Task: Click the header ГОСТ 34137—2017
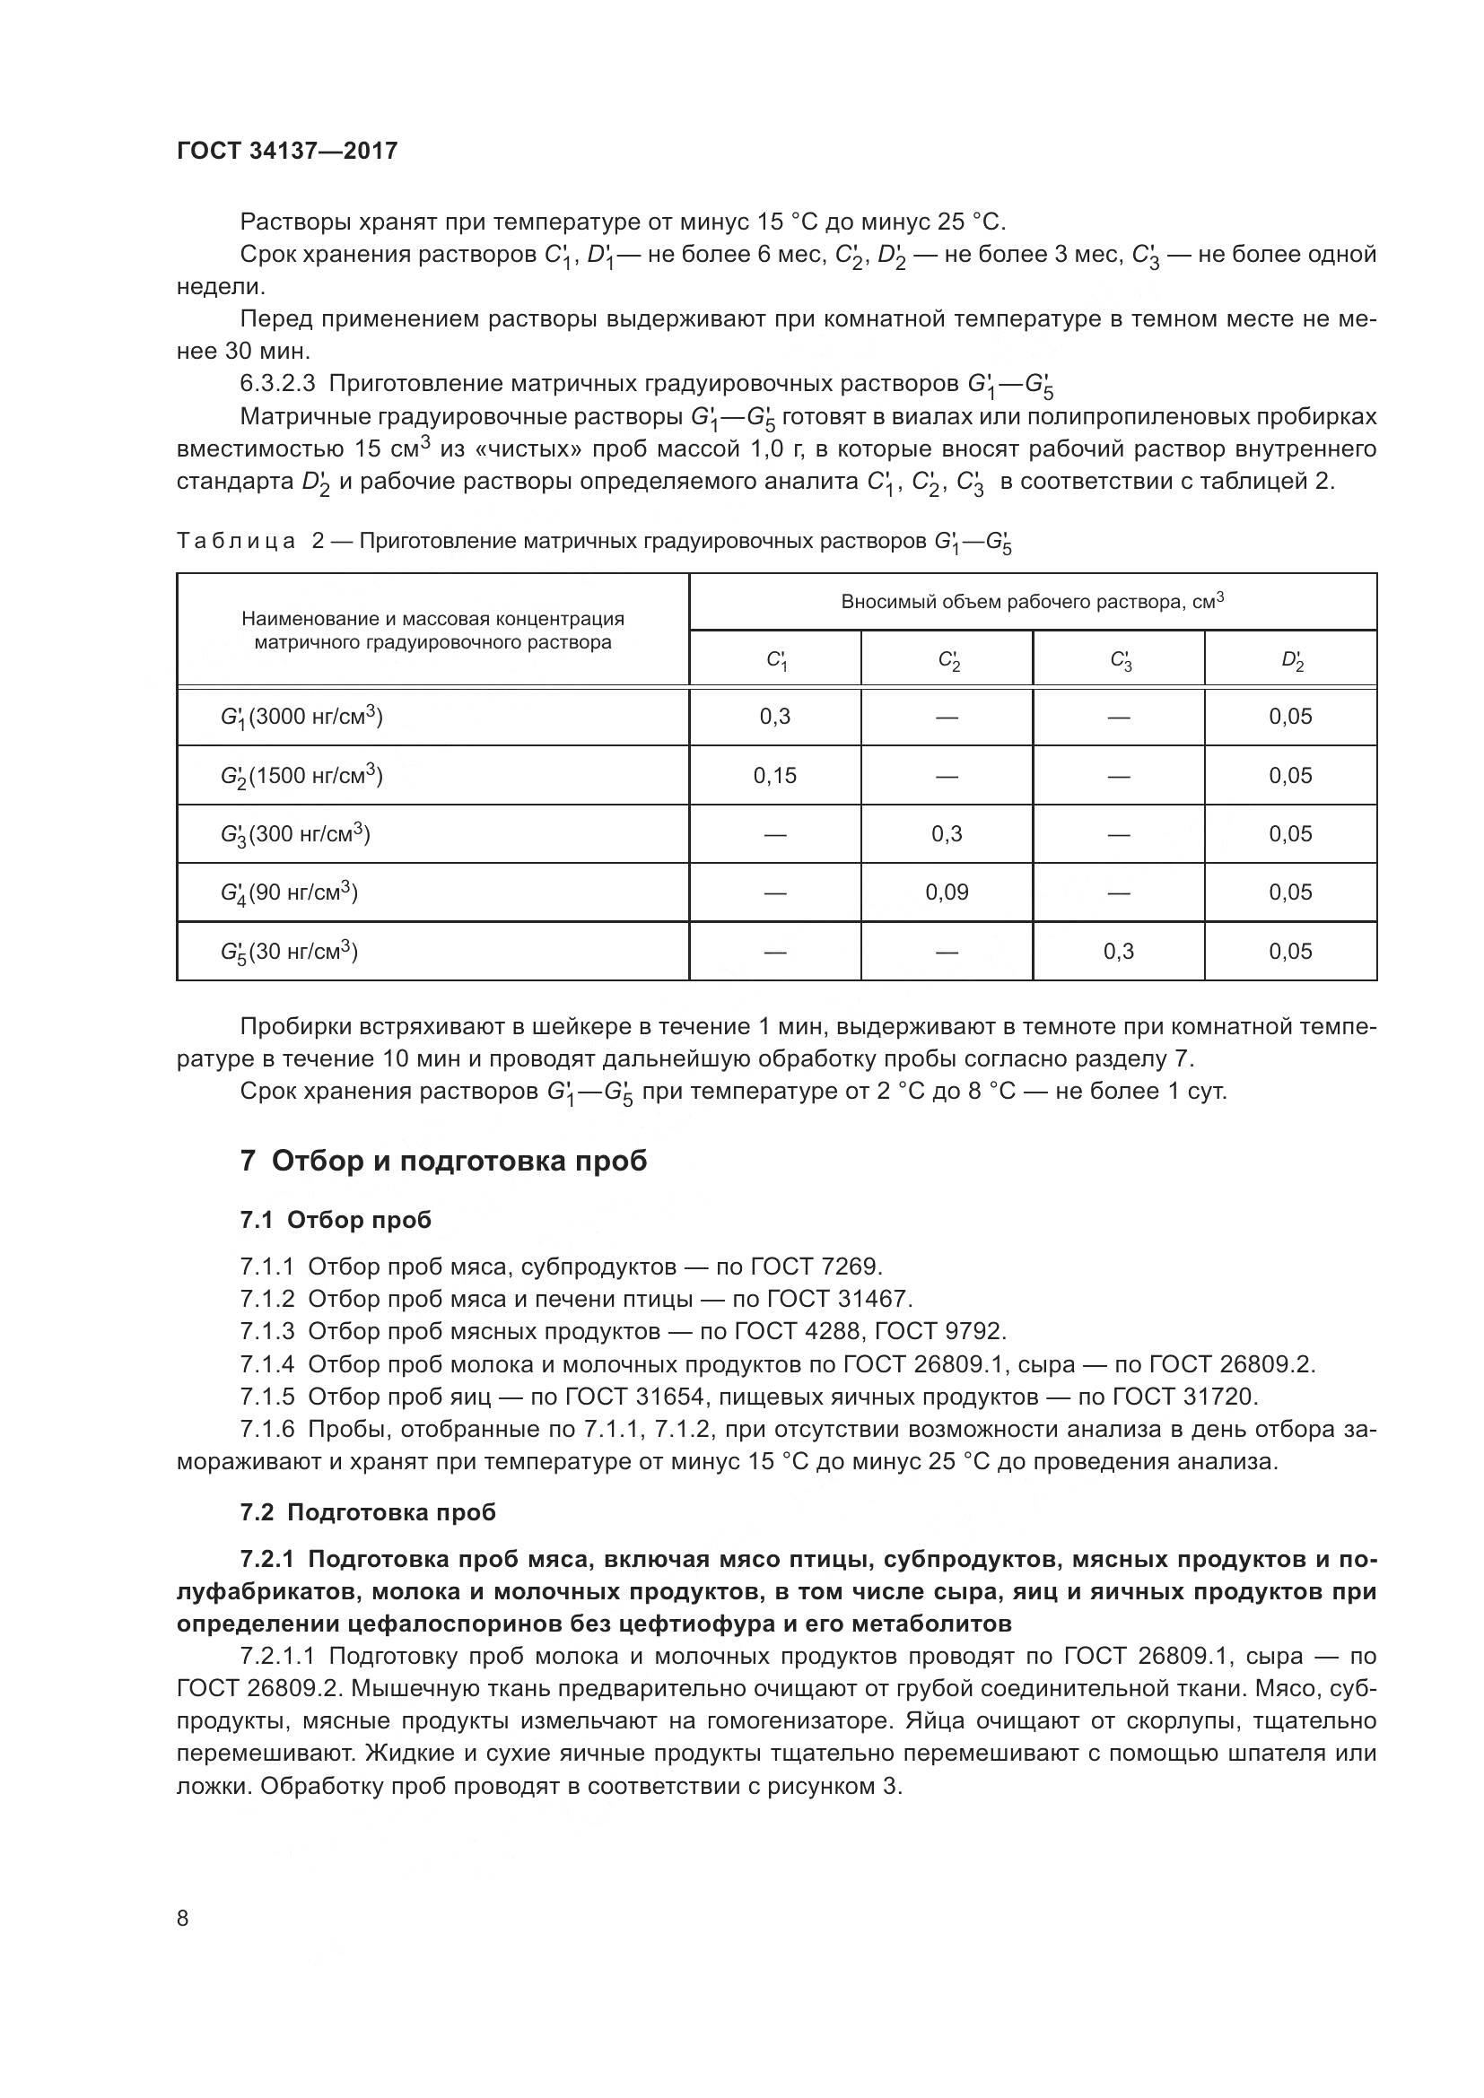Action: [287, 151]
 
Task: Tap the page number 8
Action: [183, 1918]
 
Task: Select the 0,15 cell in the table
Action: [774, 776]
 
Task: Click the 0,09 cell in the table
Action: [946, 892]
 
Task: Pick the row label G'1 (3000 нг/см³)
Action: [301, 718]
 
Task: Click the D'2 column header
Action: [1290, 660]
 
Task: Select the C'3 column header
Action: [1119, 660]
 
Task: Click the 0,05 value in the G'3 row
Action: [1289, 834]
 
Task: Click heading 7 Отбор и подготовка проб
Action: [443, 1162]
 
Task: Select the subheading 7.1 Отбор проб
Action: [336, 1220]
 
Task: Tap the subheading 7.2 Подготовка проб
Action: [367, 1512]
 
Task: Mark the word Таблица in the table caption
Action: [236, 542]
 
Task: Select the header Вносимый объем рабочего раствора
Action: [1012, 602]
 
